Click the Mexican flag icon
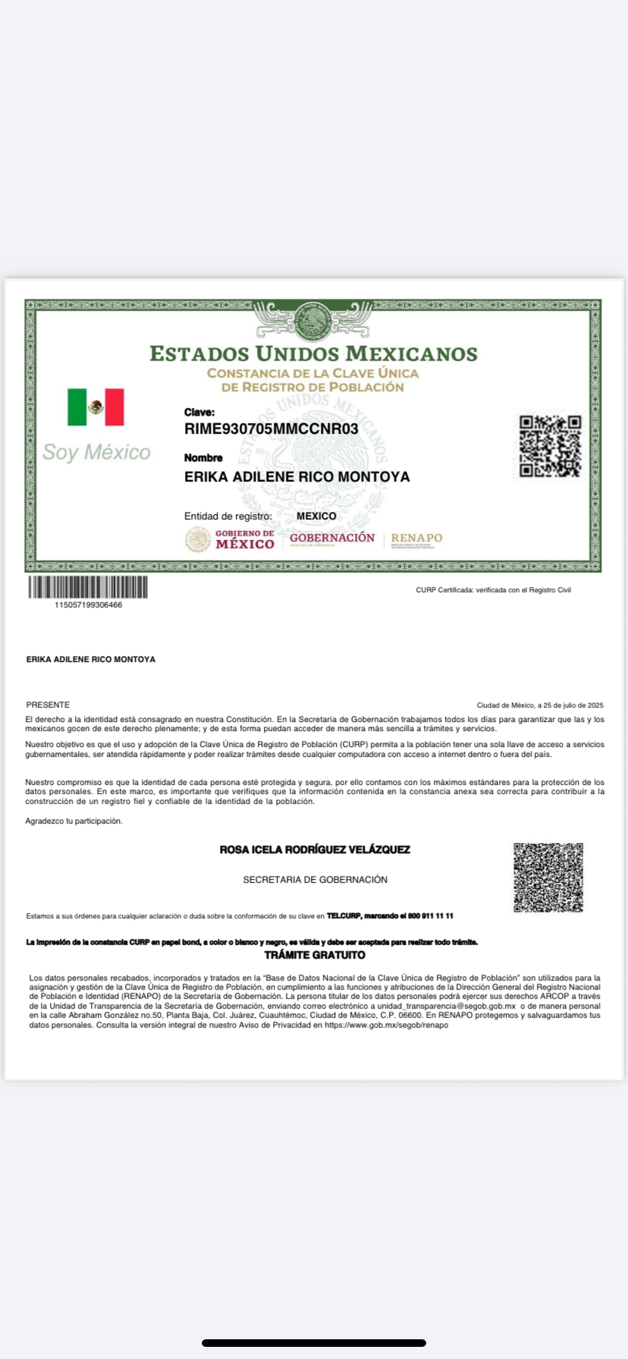click(x=96, y=407)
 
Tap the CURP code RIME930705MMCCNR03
click(x=271, y=429)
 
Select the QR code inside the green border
click(x=550, y=446)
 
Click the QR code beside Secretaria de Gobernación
click(x=548, y=877)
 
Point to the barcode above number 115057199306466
click(x=88, y=587)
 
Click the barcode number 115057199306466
click(x=88, y=605)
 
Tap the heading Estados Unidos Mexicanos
click(x=313, y=354)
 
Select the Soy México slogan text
click(x=96, y=453)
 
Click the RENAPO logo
click(x=416, y=539)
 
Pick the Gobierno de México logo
click(x=231, y=539)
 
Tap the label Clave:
click(x=199, y=413)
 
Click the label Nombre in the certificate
click(x=203, y=458)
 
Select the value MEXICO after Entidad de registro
click(x=316, y=516)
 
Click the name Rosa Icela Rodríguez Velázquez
click(x=315, y=850)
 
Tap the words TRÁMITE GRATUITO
click(x=315, y=955)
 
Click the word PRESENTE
click(x=48, y=705)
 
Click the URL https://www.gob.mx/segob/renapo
click(x=386, y=1025)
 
